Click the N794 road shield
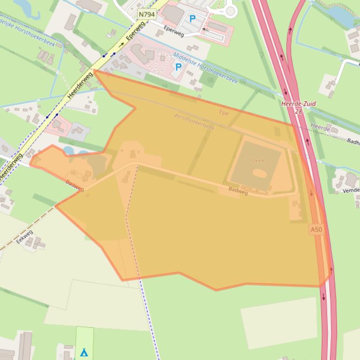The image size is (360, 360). click(147, 14)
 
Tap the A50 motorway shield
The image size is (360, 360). click(316, 229)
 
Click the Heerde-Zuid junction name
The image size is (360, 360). click(299, 104)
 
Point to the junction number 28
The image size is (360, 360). click(299, 111)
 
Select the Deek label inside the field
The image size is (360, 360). click(258, 160)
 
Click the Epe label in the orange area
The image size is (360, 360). click(224, 112)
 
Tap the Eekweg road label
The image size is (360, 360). click(24, 237)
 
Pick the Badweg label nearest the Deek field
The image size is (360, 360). click(238, 190)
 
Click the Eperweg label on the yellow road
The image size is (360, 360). click(135, 31)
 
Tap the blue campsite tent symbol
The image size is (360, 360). click(84, 352)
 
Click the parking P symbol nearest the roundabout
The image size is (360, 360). click(192, 19)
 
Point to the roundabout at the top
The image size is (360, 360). click(230, 10)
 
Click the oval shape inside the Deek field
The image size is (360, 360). click(260, 173)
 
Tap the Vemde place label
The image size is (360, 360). click(351, 190)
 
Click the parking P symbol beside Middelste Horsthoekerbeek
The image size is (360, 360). click(178, 68)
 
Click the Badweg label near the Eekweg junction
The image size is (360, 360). click(75, 186)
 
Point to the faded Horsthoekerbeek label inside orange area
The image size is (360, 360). click(194, 121)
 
